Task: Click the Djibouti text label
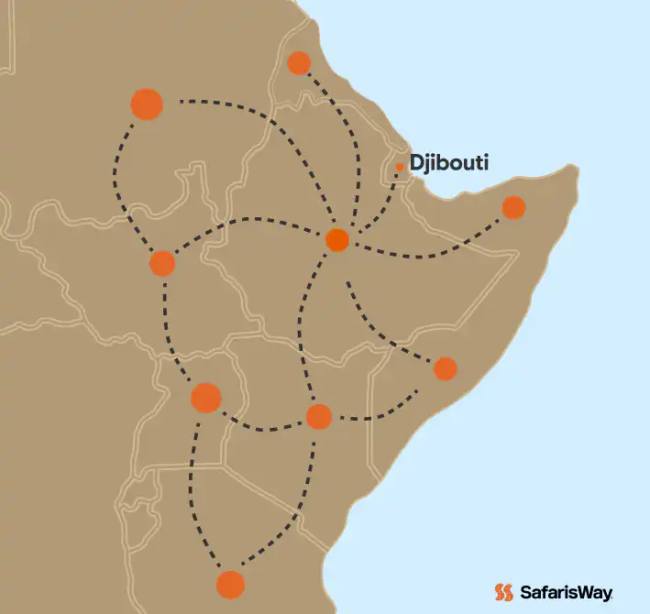point(448,164)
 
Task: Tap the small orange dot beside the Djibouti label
point(400,167)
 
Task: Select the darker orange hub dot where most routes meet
point(337,240)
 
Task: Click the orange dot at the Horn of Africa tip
point(513,207)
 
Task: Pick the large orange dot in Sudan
point(147,104)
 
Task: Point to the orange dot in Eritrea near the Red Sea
point(299,63)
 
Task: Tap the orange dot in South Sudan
point(162,263)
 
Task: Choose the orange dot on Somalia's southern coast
point(445,368)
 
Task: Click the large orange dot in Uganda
point(206,398)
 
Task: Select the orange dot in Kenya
point(318,416)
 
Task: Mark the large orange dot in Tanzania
point(230,584)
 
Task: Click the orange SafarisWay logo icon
point(502,592)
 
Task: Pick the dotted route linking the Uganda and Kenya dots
point(261,427)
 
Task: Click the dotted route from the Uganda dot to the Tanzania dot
point(193,495)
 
